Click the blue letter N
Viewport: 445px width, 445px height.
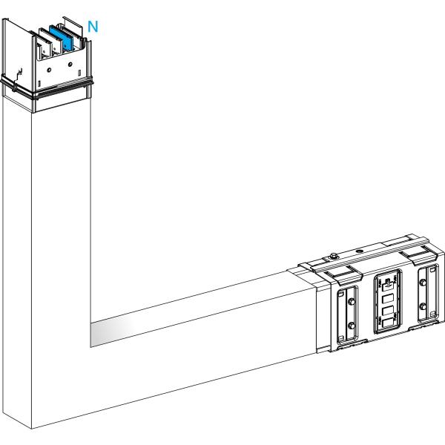pos(93,27)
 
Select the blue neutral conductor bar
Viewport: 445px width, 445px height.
pos(62,38)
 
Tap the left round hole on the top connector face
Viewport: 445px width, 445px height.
pos(49,70)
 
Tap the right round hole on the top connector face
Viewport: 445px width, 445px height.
pos(70,64)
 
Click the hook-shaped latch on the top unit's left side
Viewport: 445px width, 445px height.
pos(18,74)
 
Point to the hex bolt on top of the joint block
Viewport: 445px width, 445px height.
pos(334,257)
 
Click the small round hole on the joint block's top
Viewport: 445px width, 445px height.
pos(359,251)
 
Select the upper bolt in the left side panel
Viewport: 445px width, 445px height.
pos(352,301)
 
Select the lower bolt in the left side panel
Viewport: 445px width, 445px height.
pos(352,326)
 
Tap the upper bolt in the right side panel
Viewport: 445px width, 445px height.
pos(423,283)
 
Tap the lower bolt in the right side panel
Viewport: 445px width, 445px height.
pos(423,306)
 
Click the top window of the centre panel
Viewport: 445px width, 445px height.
pos(388,286)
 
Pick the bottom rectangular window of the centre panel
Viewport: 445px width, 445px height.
pos(388,323)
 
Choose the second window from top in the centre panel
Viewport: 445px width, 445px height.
pos(388,299)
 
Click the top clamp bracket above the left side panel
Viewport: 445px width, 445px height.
pos(344,275)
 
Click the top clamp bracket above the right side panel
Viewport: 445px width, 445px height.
pos(418,255)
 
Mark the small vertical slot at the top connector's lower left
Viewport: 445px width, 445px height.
pos(39,84)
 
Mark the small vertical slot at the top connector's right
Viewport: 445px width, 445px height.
pos(79,73)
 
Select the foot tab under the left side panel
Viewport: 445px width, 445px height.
pos(352,343)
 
